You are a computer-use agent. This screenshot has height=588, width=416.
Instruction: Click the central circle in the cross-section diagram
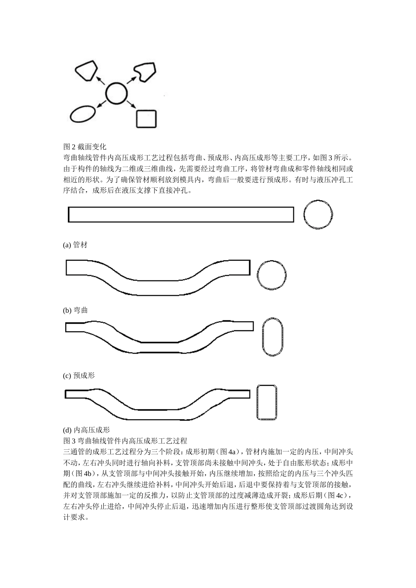[x=116, y=93]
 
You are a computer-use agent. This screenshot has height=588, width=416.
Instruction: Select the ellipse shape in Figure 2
[x=82, y=114]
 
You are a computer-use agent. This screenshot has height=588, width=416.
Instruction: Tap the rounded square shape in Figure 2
[x=146, y=118]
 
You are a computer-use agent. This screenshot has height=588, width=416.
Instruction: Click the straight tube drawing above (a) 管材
[x=181, y=214]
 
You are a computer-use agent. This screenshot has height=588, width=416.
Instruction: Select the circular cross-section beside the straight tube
[x=318, y=215]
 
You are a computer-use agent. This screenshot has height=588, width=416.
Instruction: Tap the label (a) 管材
[x=75, y=245]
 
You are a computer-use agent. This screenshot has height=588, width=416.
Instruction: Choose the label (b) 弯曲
[x=75, y=310]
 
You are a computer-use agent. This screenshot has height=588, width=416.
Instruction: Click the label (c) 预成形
[x=79, y=375]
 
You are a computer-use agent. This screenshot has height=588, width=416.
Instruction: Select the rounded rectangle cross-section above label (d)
[x=267, y=402]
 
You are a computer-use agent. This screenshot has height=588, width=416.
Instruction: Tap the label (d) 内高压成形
[x=86, y=430]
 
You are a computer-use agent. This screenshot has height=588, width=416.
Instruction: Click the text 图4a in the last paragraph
[x=229, y=451]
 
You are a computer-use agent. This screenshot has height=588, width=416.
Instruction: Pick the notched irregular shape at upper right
[x=145, y=71]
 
